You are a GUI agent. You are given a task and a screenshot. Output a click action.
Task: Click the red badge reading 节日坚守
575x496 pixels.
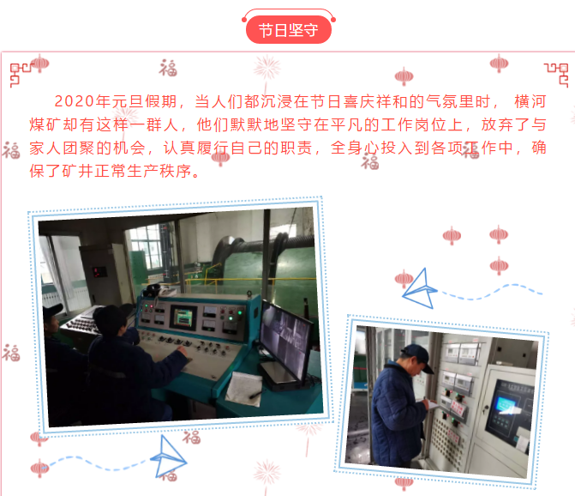(x=289, y=30)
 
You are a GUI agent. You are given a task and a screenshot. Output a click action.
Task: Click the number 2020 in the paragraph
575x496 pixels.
(x=75, y=101)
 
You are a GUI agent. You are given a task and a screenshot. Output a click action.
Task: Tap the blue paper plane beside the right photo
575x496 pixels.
(x=420, y=289)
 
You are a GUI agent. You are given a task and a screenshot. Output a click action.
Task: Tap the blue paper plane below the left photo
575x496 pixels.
(x=169, y=457)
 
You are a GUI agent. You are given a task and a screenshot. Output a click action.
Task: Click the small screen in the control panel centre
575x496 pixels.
(x=183, y=318)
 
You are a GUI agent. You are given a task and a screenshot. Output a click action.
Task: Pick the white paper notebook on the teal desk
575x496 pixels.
(x=244, y=389)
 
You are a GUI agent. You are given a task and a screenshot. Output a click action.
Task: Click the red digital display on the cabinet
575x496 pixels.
(x=99, y=272)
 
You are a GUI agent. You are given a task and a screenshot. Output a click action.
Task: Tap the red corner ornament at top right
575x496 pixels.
(x=557, y=75)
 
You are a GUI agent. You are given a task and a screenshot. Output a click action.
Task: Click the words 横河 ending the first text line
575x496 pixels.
(x=530, y=102)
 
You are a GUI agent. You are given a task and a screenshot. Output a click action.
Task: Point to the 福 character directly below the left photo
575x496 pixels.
(x=192, y=437)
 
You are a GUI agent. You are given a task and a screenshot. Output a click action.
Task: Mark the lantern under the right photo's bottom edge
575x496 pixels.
(x=404, y=483)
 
